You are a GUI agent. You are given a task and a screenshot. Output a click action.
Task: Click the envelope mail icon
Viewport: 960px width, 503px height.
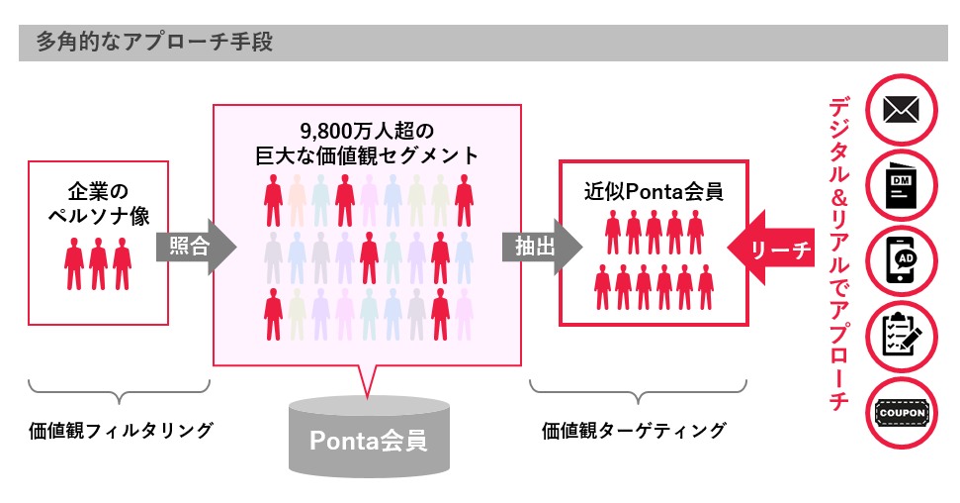click(902, 111)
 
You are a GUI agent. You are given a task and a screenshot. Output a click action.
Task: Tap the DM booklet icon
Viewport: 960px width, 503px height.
click(901, 186)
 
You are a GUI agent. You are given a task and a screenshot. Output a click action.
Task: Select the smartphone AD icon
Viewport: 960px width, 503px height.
click(902, 261)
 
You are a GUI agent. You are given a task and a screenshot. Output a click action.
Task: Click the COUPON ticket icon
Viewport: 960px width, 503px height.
click(902, 412)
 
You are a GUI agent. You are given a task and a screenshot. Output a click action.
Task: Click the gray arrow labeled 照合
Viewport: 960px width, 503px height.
click(196, 247)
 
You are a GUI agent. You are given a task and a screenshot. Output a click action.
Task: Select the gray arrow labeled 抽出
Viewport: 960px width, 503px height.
click(542, 247)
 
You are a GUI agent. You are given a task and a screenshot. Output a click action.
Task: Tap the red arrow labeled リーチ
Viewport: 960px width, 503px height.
click(771, 248)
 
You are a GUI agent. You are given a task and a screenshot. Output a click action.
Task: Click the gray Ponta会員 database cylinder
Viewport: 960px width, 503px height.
click(369, 436)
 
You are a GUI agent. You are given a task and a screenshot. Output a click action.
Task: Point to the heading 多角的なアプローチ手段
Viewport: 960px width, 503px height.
click(153, 43)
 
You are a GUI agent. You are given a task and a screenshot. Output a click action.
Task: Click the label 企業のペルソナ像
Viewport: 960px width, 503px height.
click(99, 204)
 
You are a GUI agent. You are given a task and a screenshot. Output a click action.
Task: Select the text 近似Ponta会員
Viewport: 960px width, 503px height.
click(654, 192)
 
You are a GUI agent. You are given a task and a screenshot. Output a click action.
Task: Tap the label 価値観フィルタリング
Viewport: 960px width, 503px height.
click(121, 430)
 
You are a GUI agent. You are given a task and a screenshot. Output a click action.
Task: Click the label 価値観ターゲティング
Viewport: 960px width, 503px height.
click(634, 430)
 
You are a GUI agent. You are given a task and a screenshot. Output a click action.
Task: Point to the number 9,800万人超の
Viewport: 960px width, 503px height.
click(367, 131)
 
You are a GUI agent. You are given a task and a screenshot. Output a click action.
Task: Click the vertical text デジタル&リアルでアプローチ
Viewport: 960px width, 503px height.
click(838, 252)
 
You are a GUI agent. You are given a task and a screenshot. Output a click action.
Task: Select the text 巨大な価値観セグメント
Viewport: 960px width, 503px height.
click(367, 155)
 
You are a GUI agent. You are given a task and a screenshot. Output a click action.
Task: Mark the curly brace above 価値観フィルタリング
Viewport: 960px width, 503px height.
click(120, 390)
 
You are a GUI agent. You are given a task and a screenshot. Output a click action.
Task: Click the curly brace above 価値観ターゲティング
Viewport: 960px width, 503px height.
click(638, 390)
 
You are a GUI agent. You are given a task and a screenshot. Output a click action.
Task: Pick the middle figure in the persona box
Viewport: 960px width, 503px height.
click(98, 263)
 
